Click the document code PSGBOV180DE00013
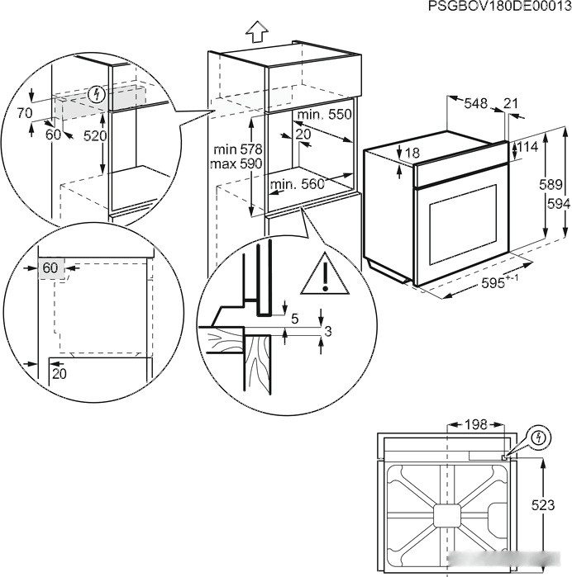pyautogui.click(x=499, y=7)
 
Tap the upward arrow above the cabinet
pyautogui.click(x=257, y=31)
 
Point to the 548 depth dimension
pyautogui.click(x=475, y=103)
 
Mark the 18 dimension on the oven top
pyautogui.click(x=412, y=153)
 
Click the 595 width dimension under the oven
pyautogui.click(x=501, y=279)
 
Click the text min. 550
pyautogui.click(x=324, y=115)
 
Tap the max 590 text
pyautogui.click(x=237, y=164)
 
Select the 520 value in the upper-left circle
pyautogui.click(x=94, y=135)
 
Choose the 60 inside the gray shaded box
pyautogui.click(x=50, y=267)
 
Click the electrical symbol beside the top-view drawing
pyautogui.click(x=537, y=435)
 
